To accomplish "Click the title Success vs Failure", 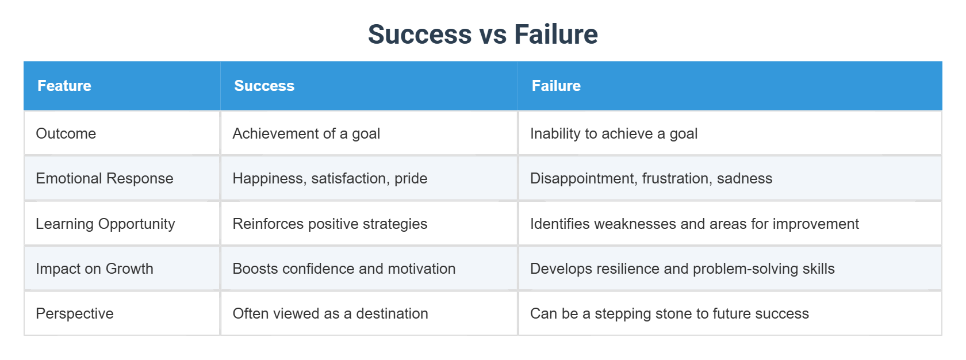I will pos(482,34).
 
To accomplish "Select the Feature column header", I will pos(64,86).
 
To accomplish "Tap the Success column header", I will pos(264,86).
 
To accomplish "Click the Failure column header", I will pos(556,86).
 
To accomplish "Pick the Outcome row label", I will pos(66,133).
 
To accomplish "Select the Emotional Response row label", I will pos(104,178).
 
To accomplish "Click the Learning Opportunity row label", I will pos(105,224).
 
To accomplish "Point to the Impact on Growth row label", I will pos(94,269).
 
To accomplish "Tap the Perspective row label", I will pos(74,313).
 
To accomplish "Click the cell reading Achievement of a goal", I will pos(306,133).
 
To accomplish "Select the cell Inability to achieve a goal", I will pos(614,133).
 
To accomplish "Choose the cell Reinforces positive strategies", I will pos(329,224).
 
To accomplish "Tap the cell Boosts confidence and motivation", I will pos(344,269).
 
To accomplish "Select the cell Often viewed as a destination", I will pos(330,313).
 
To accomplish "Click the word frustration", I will pos(675,178).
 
